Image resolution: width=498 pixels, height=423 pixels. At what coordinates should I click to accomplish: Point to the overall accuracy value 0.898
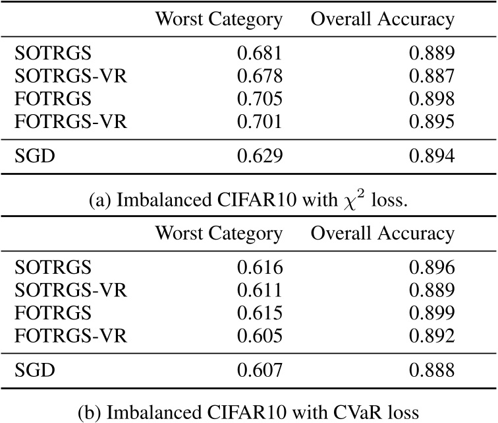point(431,99)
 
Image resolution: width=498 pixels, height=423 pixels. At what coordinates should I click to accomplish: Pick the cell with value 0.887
point(431,77)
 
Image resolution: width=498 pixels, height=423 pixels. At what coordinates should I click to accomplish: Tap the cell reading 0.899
point(431,312)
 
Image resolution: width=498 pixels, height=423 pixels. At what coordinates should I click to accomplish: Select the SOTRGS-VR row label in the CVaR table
point(70,290)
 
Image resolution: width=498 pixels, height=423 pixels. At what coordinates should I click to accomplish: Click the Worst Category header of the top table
point(219,20)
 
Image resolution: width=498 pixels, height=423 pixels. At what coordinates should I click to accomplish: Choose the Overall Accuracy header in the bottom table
point(383,234)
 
